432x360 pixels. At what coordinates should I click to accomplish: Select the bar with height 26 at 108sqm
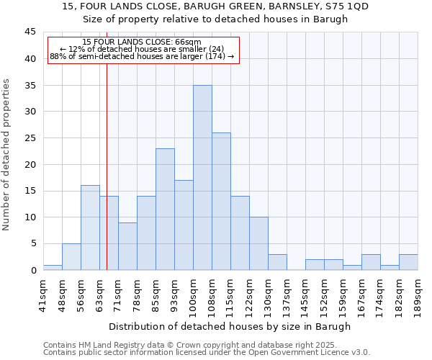click(x=221, y=201)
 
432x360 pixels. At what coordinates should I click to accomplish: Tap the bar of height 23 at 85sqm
click(x=165, y=209)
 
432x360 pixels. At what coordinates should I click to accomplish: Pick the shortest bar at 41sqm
click(x=53, y=267)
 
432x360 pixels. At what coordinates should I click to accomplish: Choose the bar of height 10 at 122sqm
click(x=258, y=243)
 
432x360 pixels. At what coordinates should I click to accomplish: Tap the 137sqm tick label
click(x=287, y=293)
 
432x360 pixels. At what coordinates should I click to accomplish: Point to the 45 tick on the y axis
click(x=30, y=32)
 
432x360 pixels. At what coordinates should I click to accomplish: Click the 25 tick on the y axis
click(x=30, y=138)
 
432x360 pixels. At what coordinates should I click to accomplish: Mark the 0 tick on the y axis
click(x=33, y=270)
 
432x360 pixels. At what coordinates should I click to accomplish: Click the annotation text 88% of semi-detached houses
click(x=142, y=56)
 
